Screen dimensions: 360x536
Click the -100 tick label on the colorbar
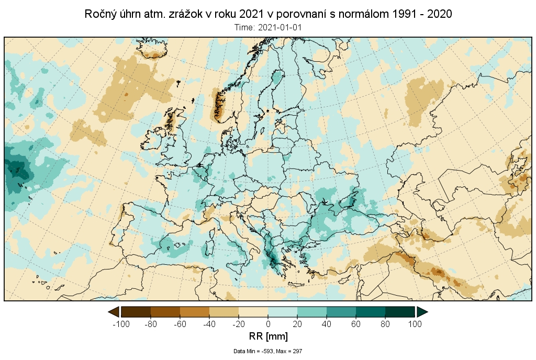click(x=121, y=324)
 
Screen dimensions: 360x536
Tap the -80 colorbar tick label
click(x=151, y=324)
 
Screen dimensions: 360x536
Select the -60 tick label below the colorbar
click(x=180, y=324)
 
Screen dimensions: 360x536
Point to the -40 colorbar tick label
click(x=209, y=324)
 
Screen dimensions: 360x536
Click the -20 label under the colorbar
click(x=239, y=324)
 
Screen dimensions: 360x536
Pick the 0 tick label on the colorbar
click(x=268, y=324)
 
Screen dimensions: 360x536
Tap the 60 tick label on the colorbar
click(x=356, y=324)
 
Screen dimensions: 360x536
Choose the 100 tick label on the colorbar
click(x=415, y=324)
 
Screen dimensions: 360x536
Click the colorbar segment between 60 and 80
click(x=371, y=312)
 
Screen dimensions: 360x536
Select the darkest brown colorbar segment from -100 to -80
click(x=136, y=312)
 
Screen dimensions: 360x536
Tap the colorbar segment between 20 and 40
click(x=312, y=312)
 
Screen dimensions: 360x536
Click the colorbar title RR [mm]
click(x=267, y=336)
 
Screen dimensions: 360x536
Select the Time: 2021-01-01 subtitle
click(x=268, y=27)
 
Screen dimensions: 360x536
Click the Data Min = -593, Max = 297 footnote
click(x=268, y=351)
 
